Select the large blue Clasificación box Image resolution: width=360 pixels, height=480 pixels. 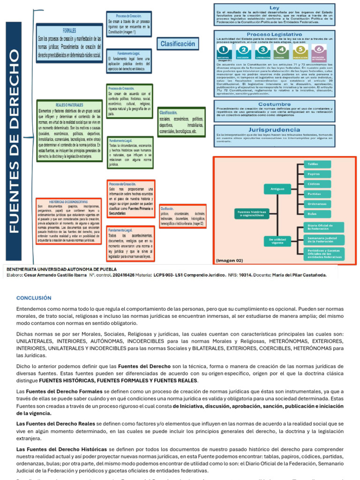click(178, 44)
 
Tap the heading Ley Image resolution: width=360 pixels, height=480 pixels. click(274, 8)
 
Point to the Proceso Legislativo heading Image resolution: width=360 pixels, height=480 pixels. click(274, 35)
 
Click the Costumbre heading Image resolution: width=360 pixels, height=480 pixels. click(274, 104)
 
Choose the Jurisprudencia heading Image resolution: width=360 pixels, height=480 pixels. click(274, 129)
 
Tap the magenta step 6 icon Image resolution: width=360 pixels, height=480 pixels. click(319, 50)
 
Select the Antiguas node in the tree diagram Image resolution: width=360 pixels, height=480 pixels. click(277, 189)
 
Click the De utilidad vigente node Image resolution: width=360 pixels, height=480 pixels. click(277, 241)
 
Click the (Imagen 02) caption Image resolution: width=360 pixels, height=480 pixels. click(230, 259)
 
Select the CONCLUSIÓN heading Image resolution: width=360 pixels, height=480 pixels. click(34, 298)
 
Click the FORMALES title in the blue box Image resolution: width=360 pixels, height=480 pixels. click(69, 30)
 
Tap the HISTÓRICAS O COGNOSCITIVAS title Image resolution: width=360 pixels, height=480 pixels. click(68, 202)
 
